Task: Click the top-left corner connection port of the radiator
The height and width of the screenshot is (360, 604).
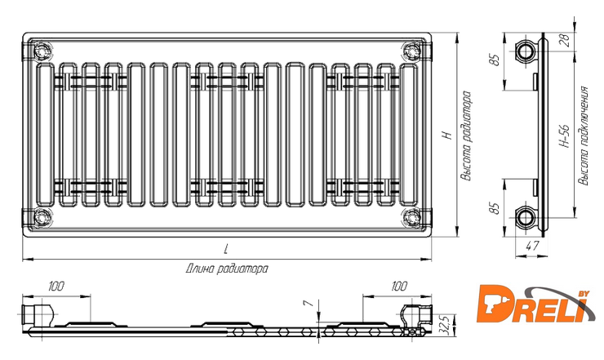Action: click(x=42, y=51)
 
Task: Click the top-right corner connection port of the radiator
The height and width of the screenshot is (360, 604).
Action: click(x=408, y=51)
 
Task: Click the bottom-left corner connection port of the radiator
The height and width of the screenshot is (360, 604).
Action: click(x=42, y=218)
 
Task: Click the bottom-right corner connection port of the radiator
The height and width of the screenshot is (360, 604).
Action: click(x=408, y=218)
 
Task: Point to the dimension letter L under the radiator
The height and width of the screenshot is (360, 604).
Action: click(x=225, y=248)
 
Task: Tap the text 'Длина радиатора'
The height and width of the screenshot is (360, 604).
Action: click(x=227, y=268)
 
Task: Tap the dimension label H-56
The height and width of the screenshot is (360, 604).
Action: click(x=563, y=136)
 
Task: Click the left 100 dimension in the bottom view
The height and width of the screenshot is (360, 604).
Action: click(x=56, y=286)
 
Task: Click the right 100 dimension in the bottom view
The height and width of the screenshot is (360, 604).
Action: click(x=398, y=286)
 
